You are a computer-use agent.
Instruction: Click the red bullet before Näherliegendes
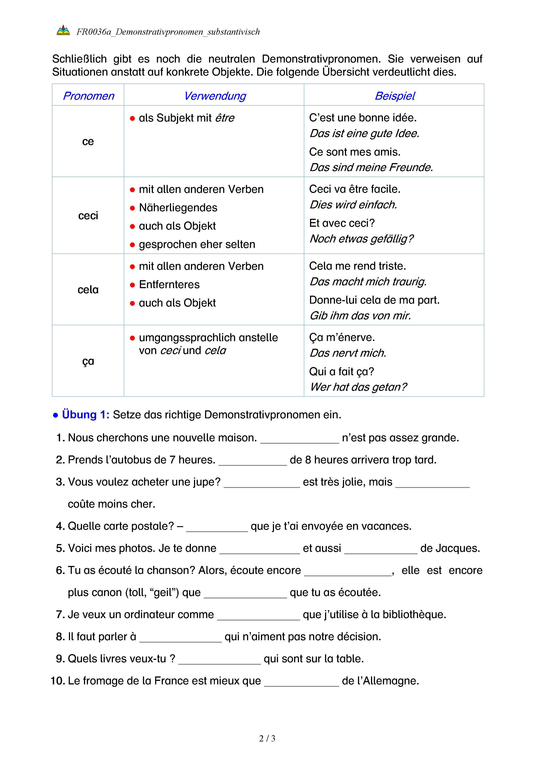coord(132,208)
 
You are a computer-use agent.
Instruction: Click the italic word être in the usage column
coord(225,118)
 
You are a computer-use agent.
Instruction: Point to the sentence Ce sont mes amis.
coord(355,152)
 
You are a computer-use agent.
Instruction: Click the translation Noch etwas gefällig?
coord(362,239)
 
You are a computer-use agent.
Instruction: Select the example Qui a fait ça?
coord(341,371)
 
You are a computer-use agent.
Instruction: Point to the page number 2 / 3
coord(267,738)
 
